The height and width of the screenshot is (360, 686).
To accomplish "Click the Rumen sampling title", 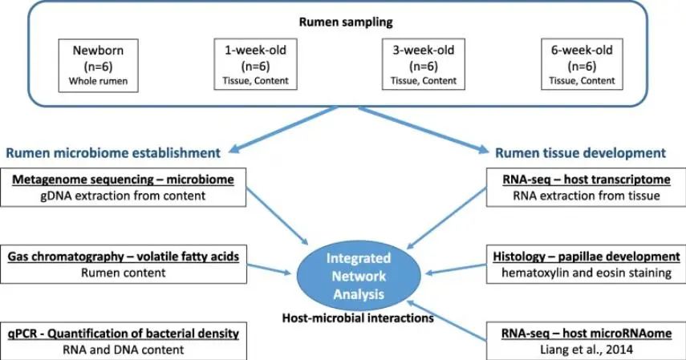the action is (x=346, y=22).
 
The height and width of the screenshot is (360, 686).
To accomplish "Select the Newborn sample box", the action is (x=99, y=66).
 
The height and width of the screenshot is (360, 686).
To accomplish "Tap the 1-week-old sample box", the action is (x=255, y=64).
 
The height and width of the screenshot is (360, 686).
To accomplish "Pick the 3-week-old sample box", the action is (x=424, y=64).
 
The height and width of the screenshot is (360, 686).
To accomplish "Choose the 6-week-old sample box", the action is (x=582, y=64).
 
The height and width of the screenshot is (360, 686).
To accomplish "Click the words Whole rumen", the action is (x=99, y=81).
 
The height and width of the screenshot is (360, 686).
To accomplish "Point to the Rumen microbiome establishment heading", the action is (x=113, y=152).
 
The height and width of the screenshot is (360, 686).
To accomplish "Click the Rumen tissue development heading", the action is (x=581, y=152).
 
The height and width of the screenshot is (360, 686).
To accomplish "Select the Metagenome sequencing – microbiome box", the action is (x=123, y=188).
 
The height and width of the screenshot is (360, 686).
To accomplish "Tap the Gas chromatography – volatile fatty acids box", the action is (x=124, y=265).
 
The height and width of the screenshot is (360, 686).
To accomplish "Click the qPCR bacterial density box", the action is (x=124, y=342).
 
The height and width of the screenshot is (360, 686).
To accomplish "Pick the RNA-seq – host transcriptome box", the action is (x=587, y=188).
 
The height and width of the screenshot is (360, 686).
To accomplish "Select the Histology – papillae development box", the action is (x=587, y=265).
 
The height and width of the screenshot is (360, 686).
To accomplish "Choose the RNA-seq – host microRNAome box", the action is (x=587, y=342).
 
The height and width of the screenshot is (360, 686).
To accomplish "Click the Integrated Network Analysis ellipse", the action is (x=359, y=276).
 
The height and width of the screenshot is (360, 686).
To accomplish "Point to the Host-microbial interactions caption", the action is (x=358, y=318).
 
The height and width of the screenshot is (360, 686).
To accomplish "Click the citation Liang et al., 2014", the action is (x=587, y=350).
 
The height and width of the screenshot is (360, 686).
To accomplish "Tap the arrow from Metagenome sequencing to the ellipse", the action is (x=278, y=216).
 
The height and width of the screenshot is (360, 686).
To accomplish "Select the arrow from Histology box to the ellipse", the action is (x=456, y=269).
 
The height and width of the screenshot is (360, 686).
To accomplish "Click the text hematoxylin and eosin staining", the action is (x=587, y=273).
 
